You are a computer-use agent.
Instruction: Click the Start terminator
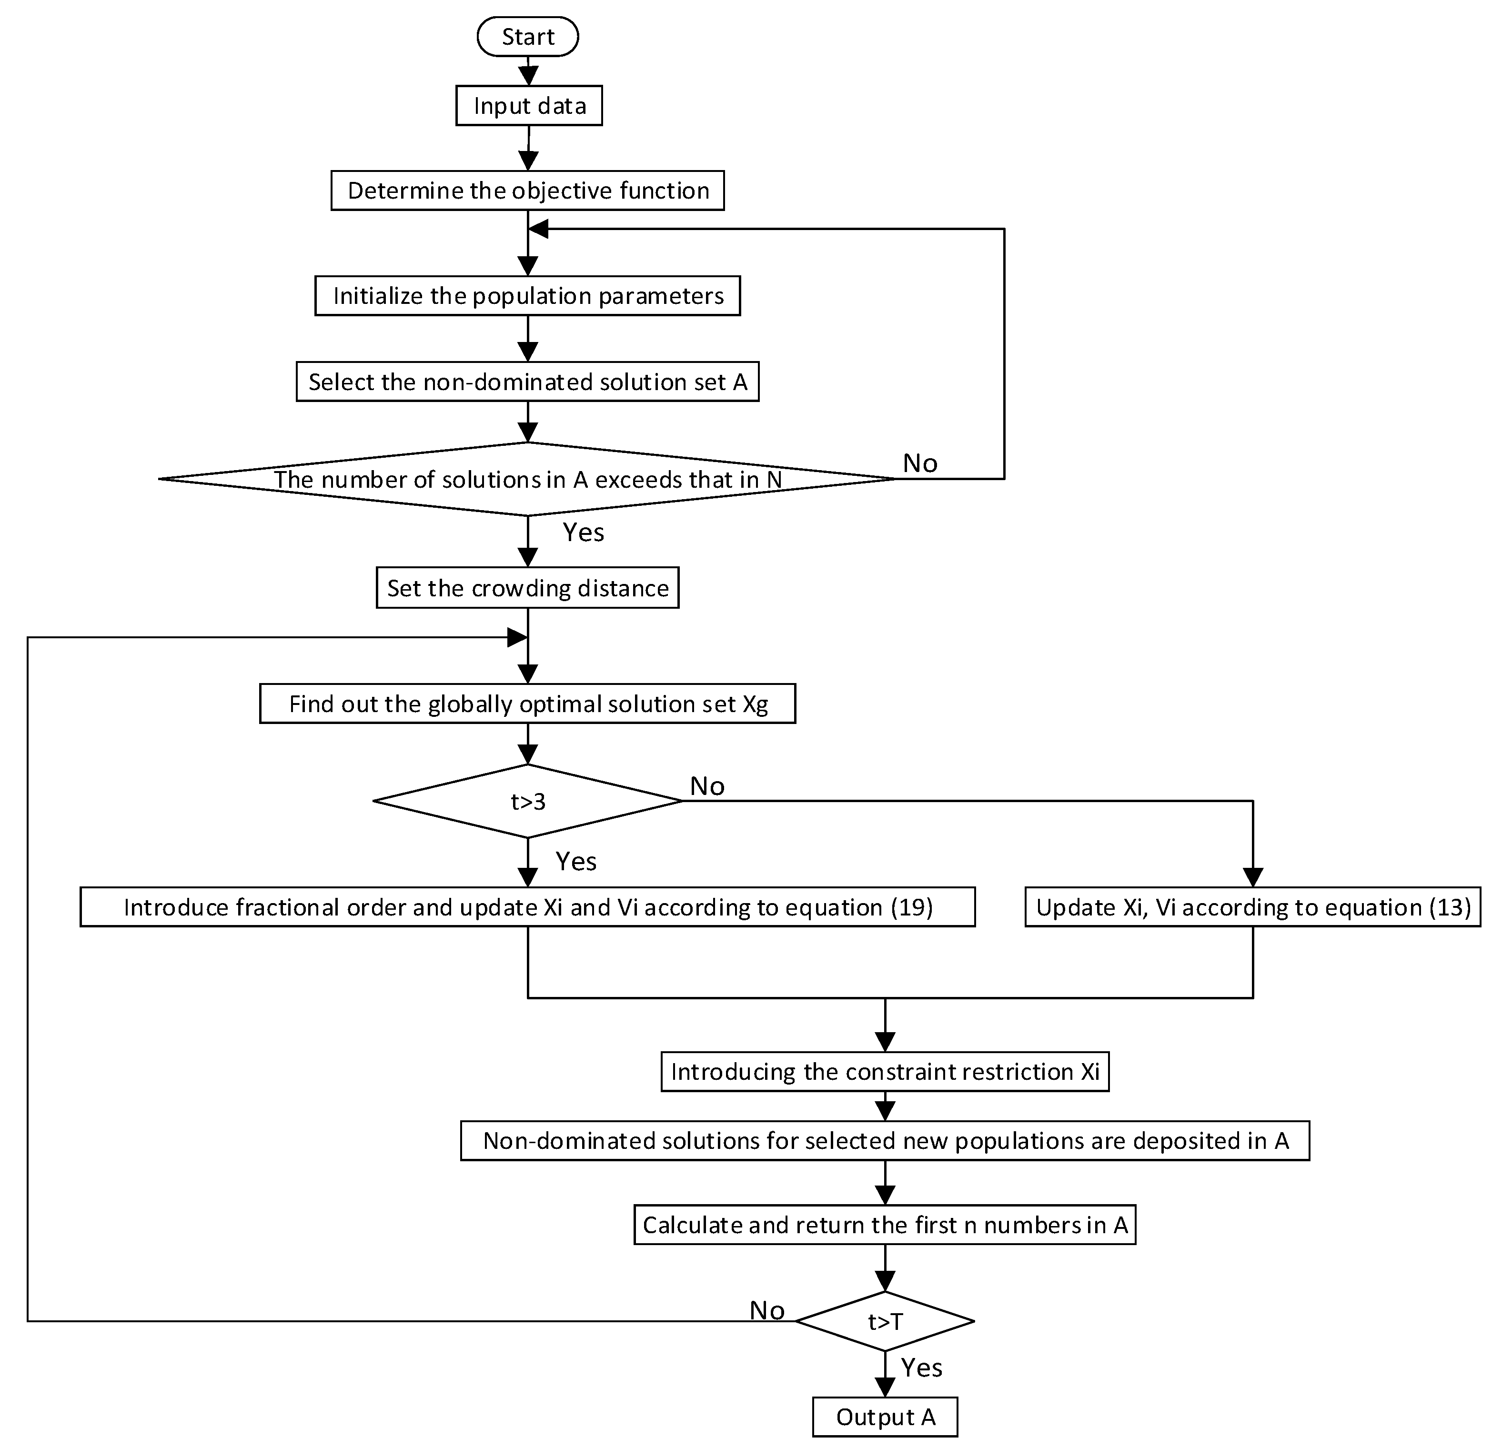point(527,37)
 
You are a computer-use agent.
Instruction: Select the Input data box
point(529,106)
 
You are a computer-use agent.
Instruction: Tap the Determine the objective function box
point(527,191)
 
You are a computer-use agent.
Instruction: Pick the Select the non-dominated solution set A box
point(527,382)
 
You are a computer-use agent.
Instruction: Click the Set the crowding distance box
point(527,588)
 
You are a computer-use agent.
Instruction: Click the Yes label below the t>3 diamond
point(575,862)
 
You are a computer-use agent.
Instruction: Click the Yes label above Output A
point(921,1368)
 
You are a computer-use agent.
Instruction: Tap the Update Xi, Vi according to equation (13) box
point(1252,907)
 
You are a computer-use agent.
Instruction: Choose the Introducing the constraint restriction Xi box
point(885,1072)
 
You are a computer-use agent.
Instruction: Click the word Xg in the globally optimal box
point(755,704)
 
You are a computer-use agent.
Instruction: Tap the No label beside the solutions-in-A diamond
point(919,463)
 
